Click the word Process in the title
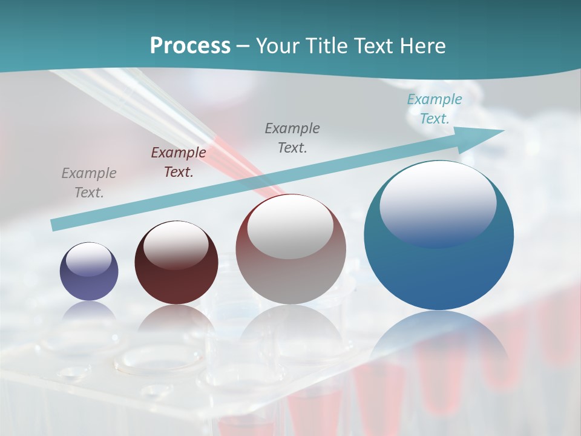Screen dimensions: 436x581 190,46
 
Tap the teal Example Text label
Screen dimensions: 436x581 434,109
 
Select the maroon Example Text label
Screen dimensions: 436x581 178,162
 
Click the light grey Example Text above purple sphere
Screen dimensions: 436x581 89,183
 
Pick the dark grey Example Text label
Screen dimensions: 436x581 292,137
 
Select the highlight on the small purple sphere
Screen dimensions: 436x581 88,259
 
